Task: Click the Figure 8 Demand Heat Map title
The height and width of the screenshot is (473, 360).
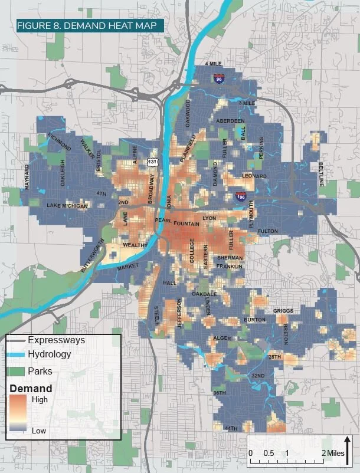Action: point(80,27)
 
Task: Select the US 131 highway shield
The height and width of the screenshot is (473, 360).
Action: point(153,162)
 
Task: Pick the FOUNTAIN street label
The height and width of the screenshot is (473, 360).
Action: point(187,224)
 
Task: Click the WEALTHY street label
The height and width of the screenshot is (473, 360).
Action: point(134,245)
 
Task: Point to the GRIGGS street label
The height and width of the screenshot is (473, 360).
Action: point(283,311)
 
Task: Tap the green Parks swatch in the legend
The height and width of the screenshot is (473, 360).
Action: point(17,372)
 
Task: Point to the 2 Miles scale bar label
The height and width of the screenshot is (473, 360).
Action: point(330,452)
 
